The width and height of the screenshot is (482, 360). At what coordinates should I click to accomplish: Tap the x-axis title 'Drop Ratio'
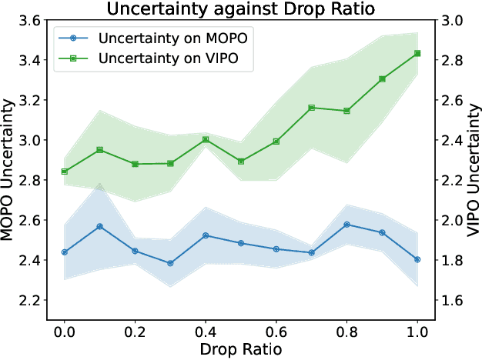[241, 349]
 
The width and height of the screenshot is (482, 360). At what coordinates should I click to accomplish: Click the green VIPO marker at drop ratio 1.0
[417, 53]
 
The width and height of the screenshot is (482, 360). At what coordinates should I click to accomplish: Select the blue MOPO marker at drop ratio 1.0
[417, 259]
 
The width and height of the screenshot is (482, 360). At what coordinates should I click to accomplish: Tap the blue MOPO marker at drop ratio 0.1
[100, 227]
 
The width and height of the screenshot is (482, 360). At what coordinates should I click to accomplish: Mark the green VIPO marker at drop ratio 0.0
[65, 172]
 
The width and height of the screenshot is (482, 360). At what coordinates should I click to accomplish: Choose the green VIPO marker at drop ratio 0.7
[312, 108]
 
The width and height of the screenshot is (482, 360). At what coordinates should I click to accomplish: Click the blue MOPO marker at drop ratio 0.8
[346, 225]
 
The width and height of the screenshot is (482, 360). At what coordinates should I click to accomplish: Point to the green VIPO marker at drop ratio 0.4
[206, 140]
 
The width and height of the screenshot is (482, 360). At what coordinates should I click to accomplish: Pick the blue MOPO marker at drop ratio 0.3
[170, 263]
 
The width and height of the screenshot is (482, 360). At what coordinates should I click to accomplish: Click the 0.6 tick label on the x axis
[276, 332]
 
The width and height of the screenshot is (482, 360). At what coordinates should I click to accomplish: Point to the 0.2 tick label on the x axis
[135, 332]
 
